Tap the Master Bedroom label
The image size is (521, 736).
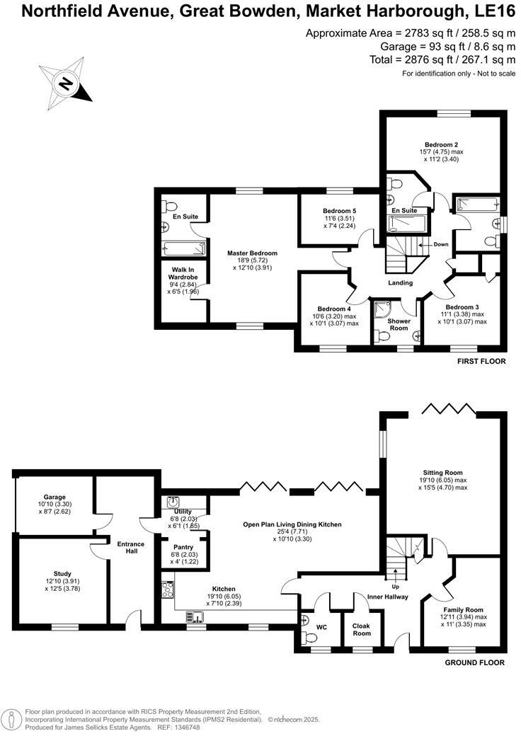tap(252, 253)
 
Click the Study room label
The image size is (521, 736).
tap(62, 573)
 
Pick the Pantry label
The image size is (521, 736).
tap(183, 546)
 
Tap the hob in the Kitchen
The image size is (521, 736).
tap(168, 589)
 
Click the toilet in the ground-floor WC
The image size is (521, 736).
tap(307, 637)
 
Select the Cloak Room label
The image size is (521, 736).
tap(362, 628)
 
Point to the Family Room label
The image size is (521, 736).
tap(463, 609)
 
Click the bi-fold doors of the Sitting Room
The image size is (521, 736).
tap(447, 408)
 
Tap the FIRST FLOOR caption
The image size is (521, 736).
tap(479, 360)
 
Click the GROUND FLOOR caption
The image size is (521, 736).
tap(474, 663)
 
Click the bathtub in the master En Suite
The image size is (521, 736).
tap(183, 248)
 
